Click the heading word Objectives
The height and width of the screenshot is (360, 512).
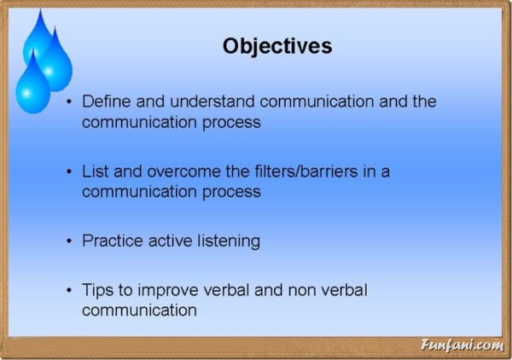click(277, 46)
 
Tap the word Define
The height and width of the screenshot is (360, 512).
click(106, 102)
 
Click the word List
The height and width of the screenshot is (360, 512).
click(95, 171)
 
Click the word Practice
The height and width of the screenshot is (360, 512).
click(113, 241)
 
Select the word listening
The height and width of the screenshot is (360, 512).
click(229, 241)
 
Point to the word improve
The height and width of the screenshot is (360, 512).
click(167, 290)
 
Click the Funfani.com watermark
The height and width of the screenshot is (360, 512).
click(462, 345)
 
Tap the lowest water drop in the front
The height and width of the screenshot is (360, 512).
click(32, 85)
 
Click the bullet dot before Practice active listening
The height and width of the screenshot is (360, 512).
click(69, 241)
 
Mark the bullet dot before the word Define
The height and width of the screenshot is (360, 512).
click(69, 102)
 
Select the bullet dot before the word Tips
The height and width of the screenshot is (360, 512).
click(69, 290)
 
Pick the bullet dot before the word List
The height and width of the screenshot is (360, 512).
click(69, 171)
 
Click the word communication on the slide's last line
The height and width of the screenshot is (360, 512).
click(139, 310)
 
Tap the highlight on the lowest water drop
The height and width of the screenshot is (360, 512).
click(27, 93)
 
